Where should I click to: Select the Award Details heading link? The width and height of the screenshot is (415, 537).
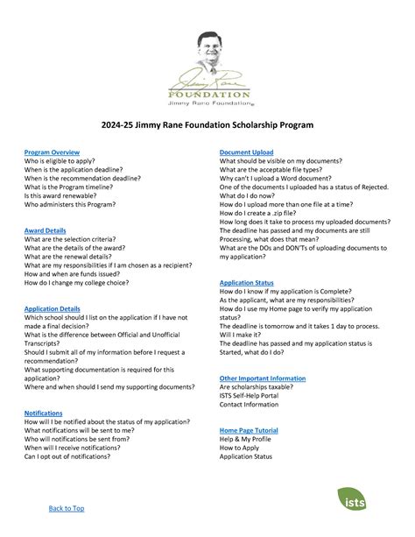click(46, 230)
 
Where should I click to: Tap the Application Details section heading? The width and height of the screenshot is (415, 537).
click(53, 309)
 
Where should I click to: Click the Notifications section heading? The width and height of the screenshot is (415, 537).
click(43, 412)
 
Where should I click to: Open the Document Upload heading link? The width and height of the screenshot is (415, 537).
click(247, 152)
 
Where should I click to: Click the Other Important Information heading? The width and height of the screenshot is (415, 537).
click(263, 378)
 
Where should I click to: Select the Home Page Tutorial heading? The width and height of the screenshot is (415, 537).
click(253, 431)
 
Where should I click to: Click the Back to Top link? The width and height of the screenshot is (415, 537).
click(66, 508)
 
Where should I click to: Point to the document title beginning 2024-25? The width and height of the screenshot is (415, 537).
click(207, 126)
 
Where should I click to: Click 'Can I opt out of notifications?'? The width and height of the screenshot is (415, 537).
click(72, 456)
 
